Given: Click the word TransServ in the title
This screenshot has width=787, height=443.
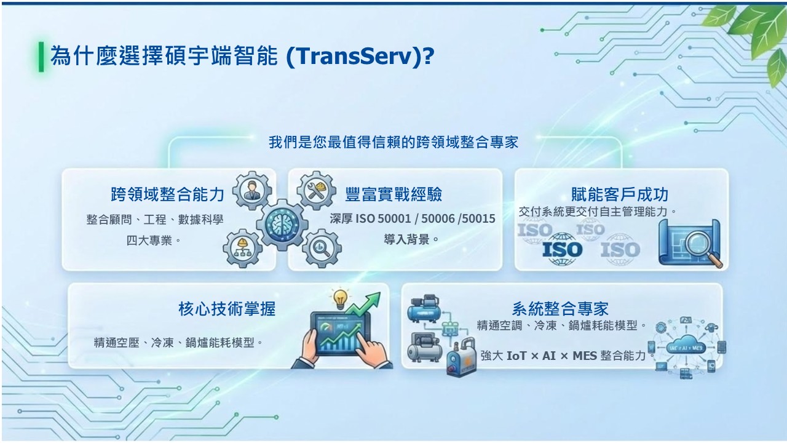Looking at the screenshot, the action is pos(355,56).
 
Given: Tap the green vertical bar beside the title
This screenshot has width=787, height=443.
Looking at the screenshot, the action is pos(41,57).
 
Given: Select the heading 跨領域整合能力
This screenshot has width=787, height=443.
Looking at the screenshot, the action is pos(168,194).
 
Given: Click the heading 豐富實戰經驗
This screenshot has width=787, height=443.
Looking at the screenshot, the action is pos(393,194).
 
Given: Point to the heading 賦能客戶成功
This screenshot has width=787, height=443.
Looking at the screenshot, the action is pos(620,194).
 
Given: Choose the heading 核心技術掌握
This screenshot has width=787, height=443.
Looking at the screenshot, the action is pos(227,309).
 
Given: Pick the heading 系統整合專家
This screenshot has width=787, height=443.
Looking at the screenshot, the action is pos(560,309).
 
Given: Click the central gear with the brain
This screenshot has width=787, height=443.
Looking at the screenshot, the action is pos(282,225).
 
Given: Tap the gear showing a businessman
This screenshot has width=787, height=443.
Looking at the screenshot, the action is pos(252,191).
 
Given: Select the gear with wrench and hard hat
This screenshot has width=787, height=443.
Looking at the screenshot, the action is pos(316,191).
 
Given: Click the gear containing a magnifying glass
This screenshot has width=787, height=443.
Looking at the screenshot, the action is pos(322,248).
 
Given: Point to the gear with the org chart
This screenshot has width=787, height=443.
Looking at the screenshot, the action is pos(242,248).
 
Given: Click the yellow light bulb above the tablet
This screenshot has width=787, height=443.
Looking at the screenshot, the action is pos(340,299).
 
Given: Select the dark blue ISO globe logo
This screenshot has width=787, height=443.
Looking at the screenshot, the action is pos(562,249).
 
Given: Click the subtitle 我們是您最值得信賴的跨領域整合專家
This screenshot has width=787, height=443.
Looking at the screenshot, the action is pos(393,142).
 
